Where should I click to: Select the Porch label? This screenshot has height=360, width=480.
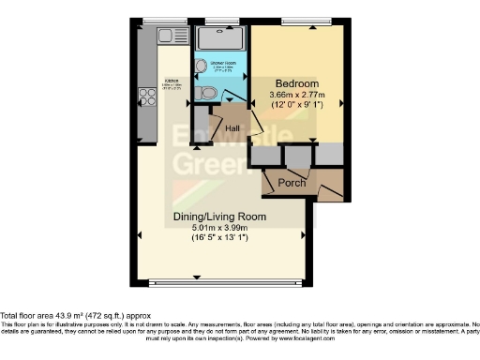click(x=292, y=183)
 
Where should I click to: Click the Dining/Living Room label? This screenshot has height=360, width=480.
click(x=220, y=217)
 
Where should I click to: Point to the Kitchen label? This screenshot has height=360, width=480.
click(x=172, y=82)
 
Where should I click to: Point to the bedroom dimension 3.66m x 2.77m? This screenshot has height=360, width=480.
click(x=295, y=95)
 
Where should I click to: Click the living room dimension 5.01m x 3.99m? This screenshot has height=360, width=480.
click(x=220, y=227)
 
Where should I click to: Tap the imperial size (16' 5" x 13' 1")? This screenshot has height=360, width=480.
click(x=220, y=237)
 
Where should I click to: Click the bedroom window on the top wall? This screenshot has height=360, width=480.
click(x=297, y=22)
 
